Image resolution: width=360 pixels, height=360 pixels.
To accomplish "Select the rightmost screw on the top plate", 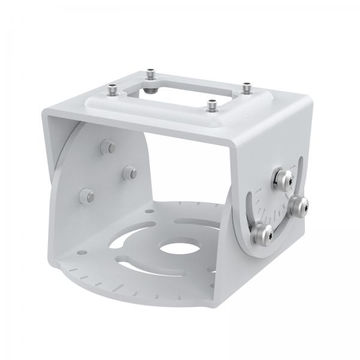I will [246, 86].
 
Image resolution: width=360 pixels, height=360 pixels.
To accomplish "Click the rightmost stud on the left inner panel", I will [128, 172].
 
